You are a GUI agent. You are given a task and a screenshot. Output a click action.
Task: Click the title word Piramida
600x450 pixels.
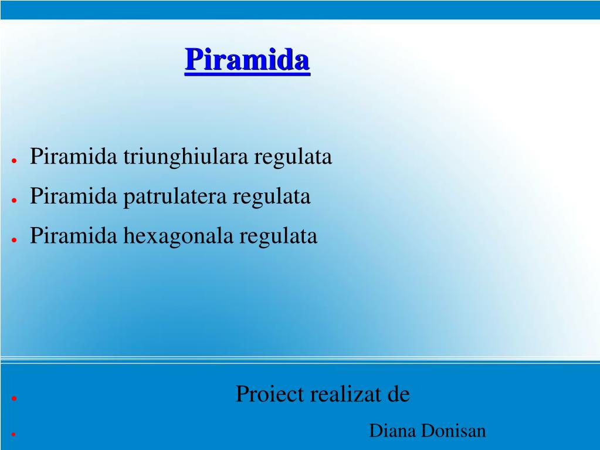coord(247,60)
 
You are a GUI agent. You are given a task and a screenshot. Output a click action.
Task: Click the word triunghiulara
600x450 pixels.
coord(185,157)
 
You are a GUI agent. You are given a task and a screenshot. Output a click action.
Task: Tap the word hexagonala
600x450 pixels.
coord(178,236)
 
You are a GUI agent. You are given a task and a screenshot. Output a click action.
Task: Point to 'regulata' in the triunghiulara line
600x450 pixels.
coord(293,157)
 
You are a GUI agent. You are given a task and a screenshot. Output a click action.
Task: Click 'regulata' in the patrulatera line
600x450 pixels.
coord(272,197)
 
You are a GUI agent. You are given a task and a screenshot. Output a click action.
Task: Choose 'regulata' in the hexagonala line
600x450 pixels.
coord(279,236)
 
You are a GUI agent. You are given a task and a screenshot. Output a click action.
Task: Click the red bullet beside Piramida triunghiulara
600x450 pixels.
coord(14,161)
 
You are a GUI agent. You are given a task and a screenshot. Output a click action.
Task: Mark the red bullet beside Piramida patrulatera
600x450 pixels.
coord(14,200)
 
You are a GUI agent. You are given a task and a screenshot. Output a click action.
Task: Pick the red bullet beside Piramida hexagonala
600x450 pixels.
coord(14,240)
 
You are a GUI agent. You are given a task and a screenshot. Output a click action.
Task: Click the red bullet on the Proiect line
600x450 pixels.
coord(14,398)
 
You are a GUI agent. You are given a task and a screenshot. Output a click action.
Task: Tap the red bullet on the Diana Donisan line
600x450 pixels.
coord(13,434)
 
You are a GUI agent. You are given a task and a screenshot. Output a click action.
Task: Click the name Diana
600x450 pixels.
coord(392,431)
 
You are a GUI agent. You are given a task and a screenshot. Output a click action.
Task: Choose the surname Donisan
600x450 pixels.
coord(453,431)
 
